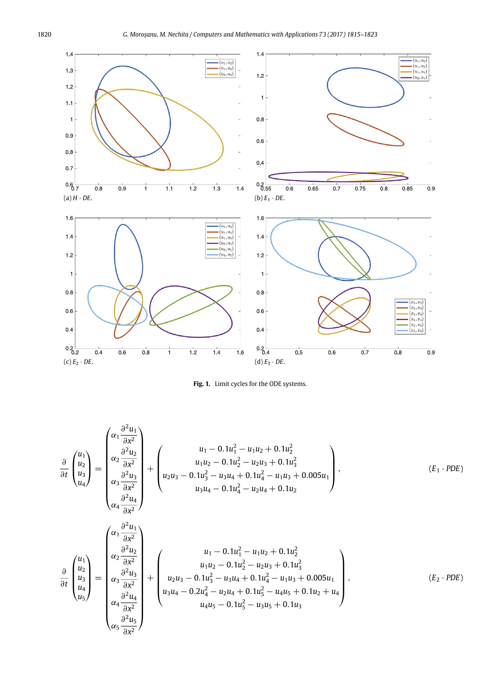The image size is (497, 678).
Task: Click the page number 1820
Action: click(44, 35)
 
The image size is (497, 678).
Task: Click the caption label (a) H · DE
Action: click(78, 198)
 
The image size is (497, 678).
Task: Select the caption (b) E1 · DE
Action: click(270, 198)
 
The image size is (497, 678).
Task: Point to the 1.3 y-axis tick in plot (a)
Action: click(69, 71)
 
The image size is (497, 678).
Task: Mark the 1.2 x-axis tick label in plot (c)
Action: click(193, 353)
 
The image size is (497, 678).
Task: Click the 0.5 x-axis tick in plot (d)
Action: click(299, 353)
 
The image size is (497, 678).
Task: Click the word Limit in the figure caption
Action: click(222, 384)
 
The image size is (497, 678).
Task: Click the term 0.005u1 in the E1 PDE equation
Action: click(315, 476)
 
